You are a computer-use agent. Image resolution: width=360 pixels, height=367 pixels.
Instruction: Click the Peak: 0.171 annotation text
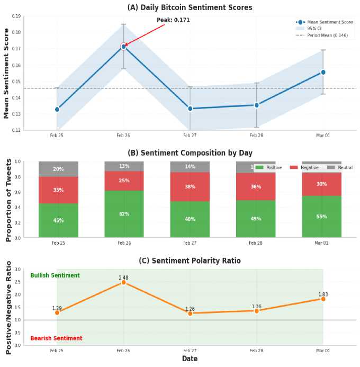173,20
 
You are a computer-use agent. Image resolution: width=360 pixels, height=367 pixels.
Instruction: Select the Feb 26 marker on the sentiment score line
123,47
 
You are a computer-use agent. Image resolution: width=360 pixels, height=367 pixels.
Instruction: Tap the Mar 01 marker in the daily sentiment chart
323,72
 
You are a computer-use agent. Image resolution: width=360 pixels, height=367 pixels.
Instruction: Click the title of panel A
190,7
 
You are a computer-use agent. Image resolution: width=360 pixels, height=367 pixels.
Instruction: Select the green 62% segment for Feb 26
124,214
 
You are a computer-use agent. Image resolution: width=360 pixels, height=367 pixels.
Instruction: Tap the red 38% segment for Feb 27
190,187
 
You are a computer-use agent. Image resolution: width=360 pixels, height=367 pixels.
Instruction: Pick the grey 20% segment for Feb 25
58,169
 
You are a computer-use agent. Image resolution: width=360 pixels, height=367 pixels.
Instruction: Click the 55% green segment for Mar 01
321,217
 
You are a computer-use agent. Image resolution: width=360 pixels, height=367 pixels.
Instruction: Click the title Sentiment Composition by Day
190,153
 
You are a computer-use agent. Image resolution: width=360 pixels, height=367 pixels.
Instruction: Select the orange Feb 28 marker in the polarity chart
256,311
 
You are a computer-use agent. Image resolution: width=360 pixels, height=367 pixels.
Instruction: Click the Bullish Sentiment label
55,275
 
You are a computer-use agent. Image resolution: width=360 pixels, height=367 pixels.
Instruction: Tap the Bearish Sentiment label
56,338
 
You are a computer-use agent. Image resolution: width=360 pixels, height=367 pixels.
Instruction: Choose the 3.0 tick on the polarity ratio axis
17,270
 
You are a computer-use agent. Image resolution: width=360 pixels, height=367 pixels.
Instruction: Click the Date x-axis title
190,359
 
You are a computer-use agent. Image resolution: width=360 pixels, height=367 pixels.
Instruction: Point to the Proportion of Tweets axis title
8,200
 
